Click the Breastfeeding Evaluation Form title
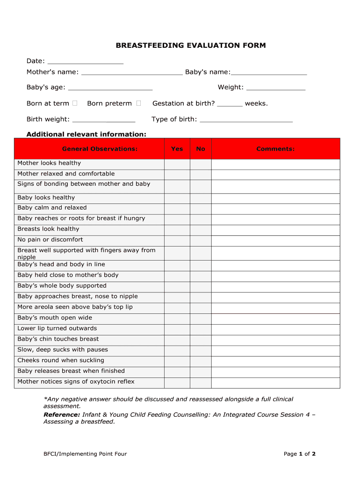tap(191, 45)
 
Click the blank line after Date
tap(86, 61)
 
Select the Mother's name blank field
tap(132, 73)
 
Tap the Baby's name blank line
tap(269, 73)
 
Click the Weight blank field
tap(275, 87)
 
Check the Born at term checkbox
tap(75, 103)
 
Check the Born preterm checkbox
tap(138, 103)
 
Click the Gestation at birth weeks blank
tap(230, 104)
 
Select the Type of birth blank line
tap(246, 120)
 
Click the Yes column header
tap(177, 149)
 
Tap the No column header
tap(201, 149)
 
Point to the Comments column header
tap(275, 149)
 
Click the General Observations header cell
tap(100, 149)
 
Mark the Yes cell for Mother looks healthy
tap(177, 164)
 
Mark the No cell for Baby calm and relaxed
tap(201, 208)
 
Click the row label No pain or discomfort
tap(50, 239)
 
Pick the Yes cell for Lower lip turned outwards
tap(177, 329)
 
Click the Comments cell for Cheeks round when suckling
tap(275, 361)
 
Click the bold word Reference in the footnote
tap(61, 415)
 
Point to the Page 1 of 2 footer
tap(300, 454)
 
